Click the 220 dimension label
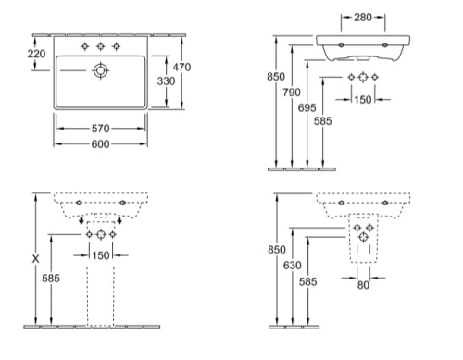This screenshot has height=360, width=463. point(36,54)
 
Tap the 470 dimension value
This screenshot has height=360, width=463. point(181,67)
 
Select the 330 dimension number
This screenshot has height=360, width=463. point(166,81)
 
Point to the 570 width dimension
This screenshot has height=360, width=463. point(100,129)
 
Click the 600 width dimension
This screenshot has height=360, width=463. point(100,144)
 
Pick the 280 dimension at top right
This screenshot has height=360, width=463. point(363,18)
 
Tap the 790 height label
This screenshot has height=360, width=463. point(292,93)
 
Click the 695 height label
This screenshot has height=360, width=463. point(307,107)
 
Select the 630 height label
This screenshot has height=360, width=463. point(293,265)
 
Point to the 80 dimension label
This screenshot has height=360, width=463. point(363,285)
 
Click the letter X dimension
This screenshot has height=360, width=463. point(36,259)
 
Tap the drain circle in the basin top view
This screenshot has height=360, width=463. point(100,70)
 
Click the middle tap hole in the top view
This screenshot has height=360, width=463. point(100,46)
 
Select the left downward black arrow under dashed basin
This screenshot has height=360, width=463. point(81,220)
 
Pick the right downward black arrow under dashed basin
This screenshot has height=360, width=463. point(119,220)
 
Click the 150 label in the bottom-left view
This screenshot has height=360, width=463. point(101,255)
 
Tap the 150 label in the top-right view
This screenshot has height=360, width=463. point(363,100)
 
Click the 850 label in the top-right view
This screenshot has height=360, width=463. point(276,77)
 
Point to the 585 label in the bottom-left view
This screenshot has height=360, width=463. point(51,279)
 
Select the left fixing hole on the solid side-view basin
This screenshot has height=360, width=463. point(341,45)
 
